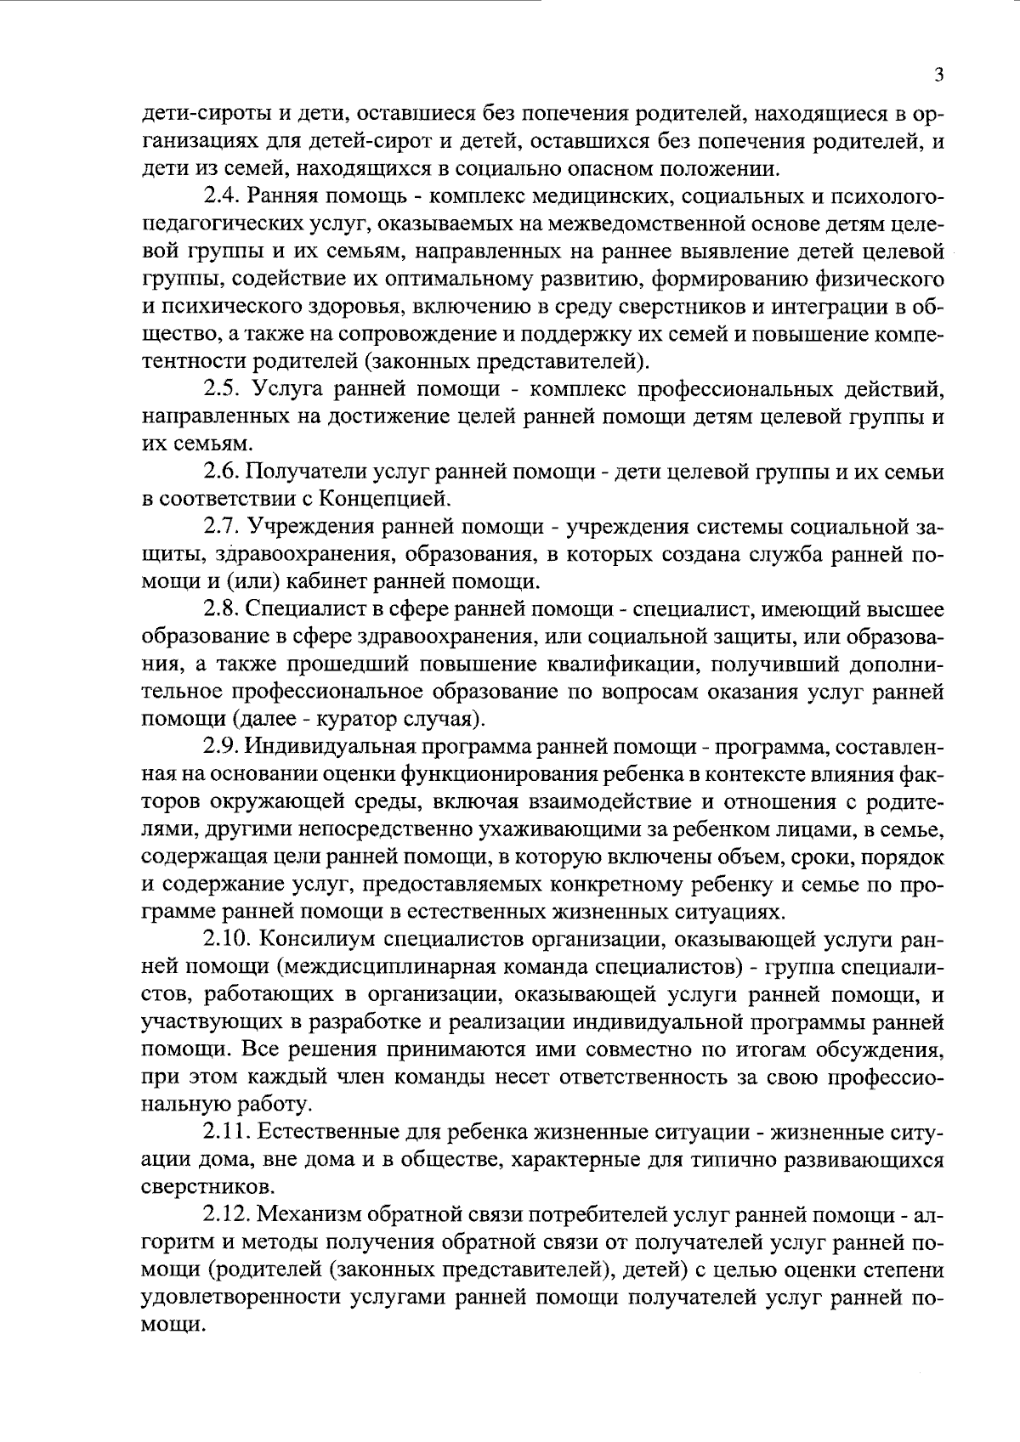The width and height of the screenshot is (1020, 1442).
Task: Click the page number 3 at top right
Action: (x=939, y=75)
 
